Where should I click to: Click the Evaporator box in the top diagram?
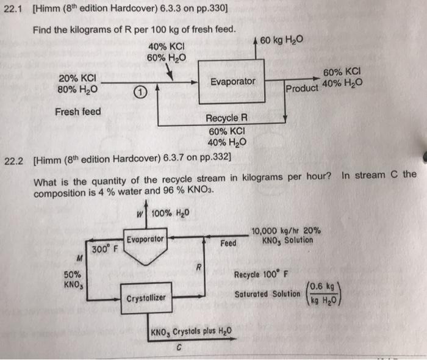click(x=233, y=82)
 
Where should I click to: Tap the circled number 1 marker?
click(x=140, y=93)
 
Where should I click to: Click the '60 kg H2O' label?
click(x=281, y=41)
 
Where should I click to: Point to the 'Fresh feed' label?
click(x=78, y=112)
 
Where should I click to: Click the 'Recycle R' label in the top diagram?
click(x=226, y=118)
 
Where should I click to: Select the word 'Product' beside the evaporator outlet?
click(x=302, y=88)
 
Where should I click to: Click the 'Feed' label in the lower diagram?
click(x=228, y=243)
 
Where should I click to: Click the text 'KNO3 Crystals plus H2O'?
click(x=189, y=333)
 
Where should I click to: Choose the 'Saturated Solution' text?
click(x=267, y=294)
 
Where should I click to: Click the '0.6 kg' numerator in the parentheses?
click(x=321, y=285)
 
